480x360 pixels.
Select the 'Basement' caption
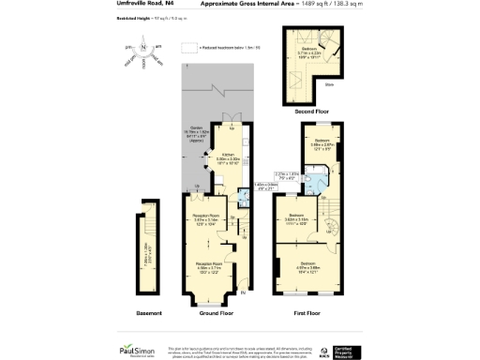[x=148, y=312]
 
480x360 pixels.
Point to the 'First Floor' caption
[x=307, y=312]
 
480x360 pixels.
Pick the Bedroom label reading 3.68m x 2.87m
[x=322, y=145]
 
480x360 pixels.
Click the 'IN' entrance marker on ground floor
[x=244, y=292]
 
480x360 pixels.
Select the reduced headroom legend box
[x=188, y=45]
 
